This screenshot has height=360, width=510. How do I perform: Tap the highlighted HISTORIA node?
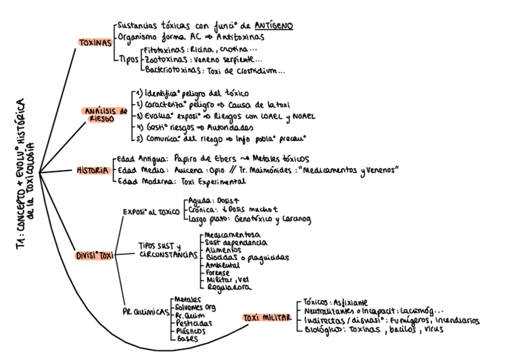click(x=91, y=170)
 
